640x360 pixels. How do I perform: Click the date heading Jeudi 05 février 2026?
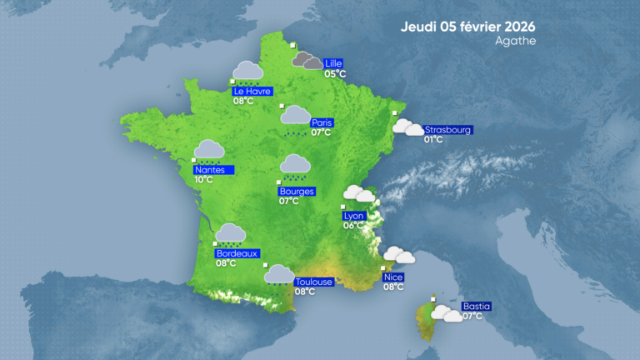click(x=467, y=26)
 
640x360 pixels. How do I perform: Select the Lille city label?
click(x=334, y=63)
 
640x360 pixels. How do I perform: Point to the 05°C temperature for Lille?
click(x=335, y=74)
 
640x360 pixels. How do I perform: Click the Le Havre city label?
click(x=252, y=91)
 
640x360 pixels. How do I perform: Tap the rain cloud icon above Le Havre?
click(x=247, y=72)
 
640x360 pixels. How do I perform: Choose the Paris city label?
click(x=322, y=122)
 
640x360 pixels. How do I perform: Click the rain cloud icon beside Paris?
click(x=295, y=117)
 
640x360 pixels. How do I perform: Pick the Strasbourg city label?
click(x=448, y=130)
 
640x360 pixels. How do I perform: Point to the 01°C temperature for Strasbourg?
click(x=433, y=140)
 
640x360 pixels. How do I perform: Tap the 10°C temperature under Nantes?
click(x=204, y=179)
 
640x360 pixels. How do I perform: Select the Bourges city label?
click(x=297, y=191)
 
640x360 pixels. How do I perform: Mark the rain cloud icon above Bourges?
click(x=295, y=167)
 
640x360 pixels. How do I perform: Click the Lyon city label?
click(x=354, y=215)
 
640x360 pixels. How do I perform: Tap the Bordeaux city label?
click(x=237, y=253)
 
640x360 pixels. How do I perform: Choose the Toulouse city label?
click(x=314, y=282)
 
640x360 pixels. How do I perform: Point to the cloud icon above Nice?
click(x=398, y=255)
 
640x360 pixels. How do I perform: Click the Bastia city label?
click(x=476, y=306)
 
